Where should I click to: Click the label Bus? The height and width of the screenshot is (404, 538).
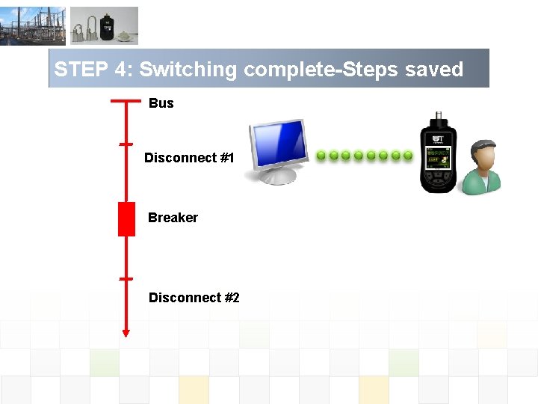click(x=161, y=103)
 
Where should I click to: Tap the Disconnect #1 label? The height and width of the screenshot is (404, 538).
click(x=189, y=158)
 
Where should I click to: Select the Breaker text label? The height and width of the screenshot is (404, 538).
click(x=173, y=218)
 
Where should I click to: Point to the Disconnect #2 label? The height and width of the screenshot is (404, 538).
click(x=194, y=298)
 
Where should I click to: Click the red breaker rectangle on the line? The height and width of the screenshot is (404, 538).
click(x=126, y=219)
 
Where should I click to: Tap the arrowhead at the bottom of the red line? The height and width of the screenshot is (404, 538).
click(x=126, y=332)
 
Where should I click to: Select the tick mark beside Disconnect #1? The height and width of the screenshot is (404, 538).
click(x=126, y=144)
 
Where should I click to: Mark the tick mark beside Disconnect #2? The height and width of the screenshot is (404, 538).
click(x=126, y=278)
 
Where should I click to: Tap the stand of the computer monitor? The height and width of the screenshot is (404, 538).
click(x=276, y=177)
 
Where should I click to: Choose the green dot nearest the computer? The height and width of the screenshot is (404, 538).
click(x=321, y=156)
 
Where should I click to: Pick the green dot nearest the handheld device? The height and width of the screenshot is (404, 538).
click(x=408, y=156)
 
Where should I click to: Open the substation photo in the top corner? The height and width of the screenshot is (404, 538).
click(x=33, y=26)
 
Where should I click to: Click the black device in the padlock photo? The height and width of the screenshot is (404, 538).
click(x=108, y=28)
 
